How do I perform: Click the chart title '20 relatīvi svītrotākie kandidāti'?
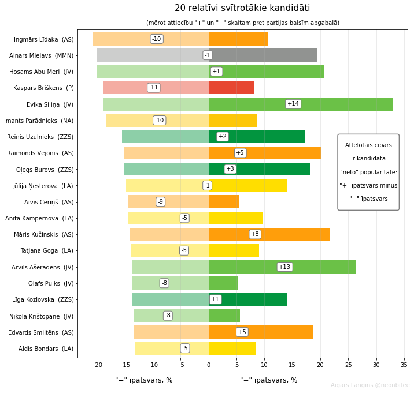click(x=242, y=8)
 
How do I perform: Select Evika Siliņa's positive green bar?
click(x=301, y=104)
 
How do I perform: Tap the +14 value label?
click(x=293, y=104)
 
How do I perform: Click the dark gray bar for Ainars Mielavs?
click(x=263, y=55)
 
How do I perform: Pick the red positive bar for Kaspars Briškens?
click(x=232, y=88)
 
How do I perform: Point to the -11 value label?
click(x=154, y=88)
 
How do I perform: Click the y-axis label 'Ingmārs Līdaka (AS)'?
click(x=44, y=39)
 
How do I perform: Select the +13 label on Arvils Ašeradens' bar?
click(x=284, y=267)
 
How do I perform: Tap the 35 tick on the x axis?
click(x=404, y=365)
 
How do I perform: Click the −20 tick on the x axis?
click(x=97, y=365)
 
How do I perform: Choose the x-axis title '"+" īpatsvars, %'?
click(x=268, y=380)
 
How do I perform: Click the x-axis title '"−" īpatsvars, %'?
click(x=143, y=380)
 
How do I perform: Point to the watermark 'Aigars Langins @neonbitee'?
click(x=370, y=385)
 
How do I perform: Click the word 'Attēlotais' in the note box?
click(x=357, y=145)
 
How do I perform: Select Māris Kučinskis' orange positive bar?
click(x=269, y=234)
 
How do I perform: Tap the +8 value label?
click(x=255, y=234)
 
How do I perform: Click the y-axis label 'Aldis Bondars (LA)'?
click(x=46, y=349)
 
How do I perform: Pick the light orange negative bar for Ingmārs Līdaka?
click(x=151, y=39)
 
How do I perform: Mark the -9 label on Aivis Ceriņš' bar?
click(x=161, y=202)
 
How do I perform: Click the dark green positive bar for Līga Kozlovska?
click(x=248, y=299)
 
